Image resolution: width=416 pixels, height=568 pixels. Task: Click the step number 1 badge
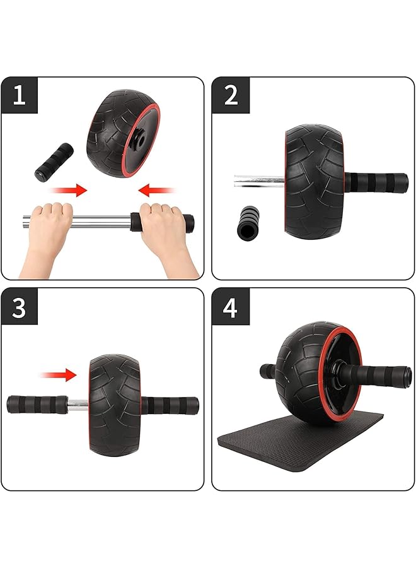click(x=19, y=95)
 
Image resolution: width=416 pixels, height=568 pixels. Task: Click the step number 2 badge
click(x=231, y=95)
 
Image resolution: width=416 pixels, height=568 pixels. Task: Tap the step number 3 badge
click(x=19, y=307)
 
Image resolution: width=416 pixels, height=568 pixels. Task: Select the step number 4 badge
click(x=231, y=307)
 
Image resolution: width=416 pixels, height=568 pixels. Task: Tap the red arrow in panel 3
click(x=61, y=375)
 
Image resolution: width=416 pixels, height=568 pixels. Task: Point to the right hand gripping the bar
click(x=160, y=228)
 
